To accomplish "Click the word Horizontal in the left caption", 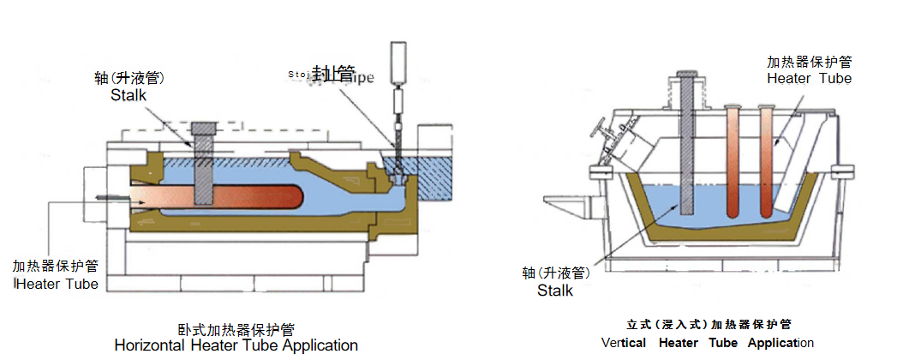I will click(148, 346).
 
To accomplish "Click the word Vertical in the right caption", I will click(624, 343).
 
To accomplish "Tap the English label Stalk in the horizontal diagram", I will click(129, 95).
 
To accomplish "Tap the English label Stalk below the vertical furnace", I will click(555, 291).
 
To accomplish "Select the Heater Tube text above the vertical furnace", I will click(810, 78).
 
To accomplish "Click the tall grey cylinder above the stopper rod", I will click(399, 60).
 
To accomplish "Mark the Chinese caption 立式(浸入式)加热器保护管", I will click(708, 324).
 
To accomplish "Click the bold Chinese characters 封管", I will click(334, 73).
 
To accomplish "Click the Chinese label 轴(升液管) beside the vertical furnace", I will click(556, 273).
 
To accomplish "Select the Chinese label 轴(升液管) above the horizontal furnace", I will click(129, 78).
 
